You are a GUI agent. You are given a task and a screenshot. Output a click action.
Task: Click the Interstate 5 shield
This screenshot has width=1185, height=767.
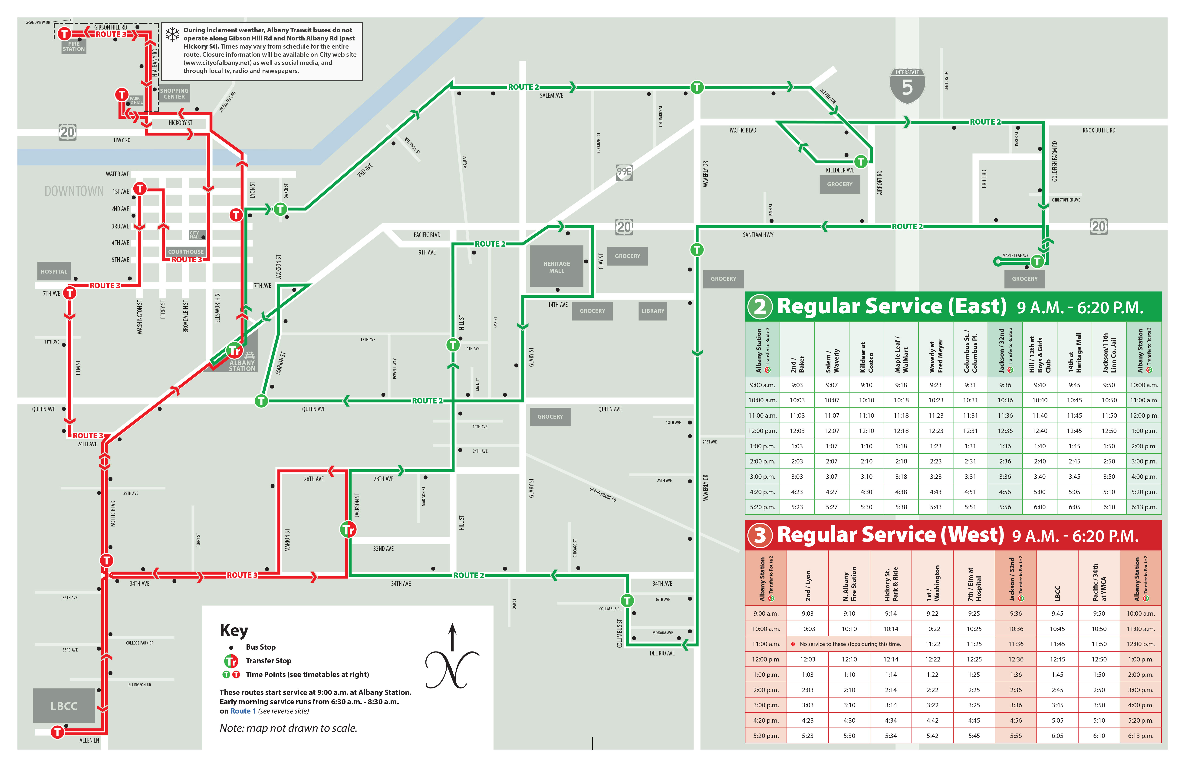907,86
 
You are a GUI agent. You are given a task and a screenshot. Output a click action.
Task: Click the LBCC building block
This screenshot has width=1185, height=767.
64,706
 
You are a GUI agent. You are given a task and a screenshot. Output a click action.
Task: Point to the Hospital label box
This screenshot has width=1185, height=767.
54,271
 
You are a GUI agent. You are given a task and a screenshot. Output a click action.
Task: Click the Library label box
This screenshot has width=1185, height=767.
653,311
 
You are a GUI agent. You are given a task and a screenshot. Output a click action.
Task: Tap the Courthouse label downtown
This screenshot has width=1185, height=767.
186,251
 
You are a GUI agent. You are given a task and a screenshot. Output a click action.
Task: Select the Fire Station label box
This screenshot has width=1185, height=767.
74,46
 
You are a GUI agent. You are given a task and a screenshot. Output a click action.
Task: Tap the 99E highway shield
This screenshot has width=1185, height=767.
624,172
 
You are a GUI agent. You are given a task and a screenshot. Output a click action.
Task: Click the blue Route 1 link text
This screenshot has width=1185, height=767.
243,711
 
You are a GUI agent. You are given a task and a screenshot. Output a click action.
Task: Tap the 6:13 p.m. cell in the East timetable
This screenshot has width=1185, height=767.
1144,507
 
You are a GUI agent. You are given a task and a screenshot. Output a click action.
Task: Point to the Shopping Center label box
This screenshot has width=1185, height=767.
174,94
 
